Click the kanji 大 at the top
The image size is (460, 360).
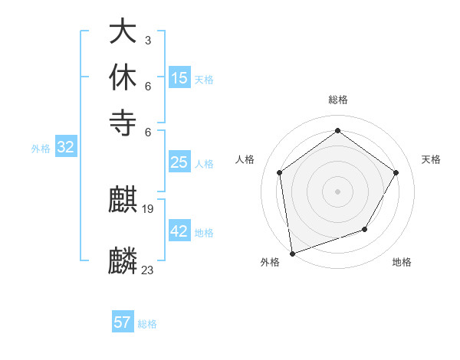pos(123,31)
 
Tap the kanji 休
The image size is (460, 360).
pos(123,77)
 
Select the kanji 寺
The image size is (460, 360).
pos(123,122)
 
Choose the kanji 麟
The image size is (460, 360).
pos(123,261)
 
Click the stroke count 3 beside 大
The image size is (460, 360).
pos(147,40)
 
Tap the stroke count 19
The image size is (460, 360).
pos(148,209)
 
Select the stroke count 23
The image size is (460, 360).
pos(148,270)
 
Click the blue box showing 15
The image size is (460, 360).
pos(179,78)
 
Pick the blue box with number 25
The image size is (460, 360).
pos(179,162)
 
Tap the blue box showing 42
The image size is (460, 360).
pos(179,231)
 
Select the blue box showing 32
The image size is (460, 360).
pos(65,148)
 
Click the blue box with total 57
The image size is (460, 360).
pos(123,322)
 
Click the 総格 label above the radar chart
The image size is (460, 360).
pos(337,100)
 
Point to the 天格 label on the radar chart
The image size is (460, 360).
pos(431,159)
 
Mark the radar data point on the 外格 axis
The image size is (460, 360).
pos(292,253)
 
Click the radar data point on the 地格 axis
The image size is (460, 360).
pos(365,229)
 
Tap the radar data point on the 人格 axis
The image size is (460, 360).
pos(279,172)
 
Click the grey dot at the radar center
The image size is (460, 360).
pos(337,191)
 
